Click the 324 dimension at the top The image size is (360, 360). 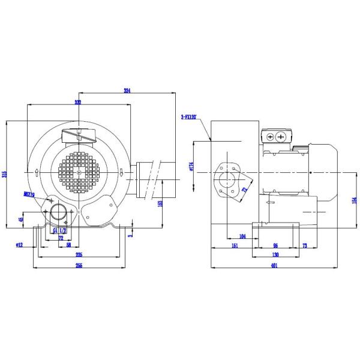tap(127, 91)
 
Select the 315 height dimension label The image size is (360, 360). tap(5, 174)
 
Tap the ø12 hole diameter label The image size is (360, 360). tap(19, 245)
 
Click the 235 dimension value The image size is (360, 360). tap(78, 254)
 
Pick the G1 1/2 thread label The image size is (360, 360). tap(59, 230)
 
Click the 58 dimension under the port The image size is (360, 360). tap(69, 245)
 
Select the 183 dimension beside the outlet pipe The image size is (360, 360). tap(160, 204)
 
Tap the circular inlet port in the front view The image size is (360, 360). tap(59, 211)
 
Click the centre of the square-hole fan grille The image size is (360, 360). tap(79, 173)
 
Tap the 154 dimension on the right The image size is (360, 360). tap(355, 200)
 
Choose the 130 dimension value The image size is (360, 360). tap(275, 254)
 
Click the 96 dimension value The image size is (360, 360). tap(275, 245)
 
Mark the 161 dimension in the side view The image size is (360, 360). tap(235, 245)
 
